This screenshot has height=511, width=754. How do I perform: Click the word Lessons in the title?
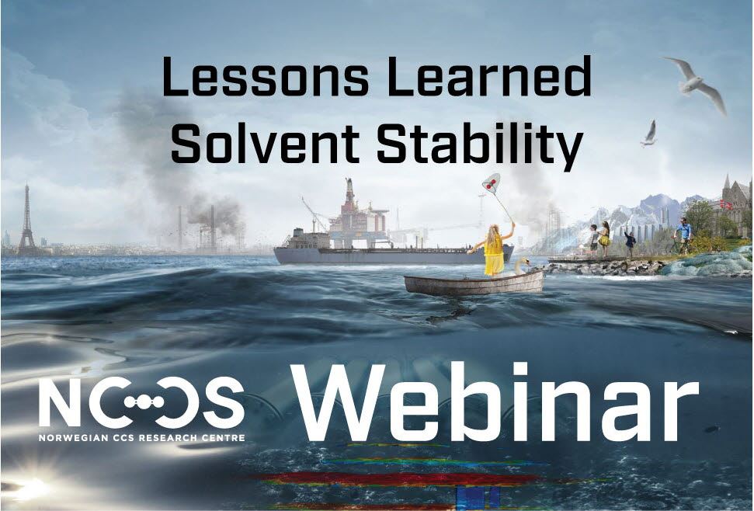pyautogui.click(x=266, y=76)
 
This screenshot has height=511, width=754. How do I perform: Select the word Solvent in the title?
pyautogui.click(x=266, y=142)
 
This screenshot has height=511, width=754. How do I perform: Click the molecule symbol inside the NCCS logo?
pyautogui.click(x=144, y=403)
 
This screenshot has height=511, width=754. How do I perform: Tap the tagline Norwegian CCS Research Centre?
pyautogui.click(x=142, y=438)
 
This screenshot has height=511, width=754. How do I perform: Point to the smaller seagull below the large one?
pyautogui.click(x=649, y=134)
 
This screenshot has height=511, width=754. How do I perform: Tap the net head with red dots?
pyautogui.click(x=491, y=183)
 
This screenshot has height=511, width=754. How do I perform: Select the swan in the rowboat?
pyautogui.click(x=522, y=266)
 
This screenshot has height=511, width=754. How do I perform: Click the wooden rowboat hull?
pyautogui.click(x=474, y=283)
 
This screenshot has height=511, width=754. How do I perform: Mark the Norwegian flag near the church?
pyautogui.click(x=728, y=204)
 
